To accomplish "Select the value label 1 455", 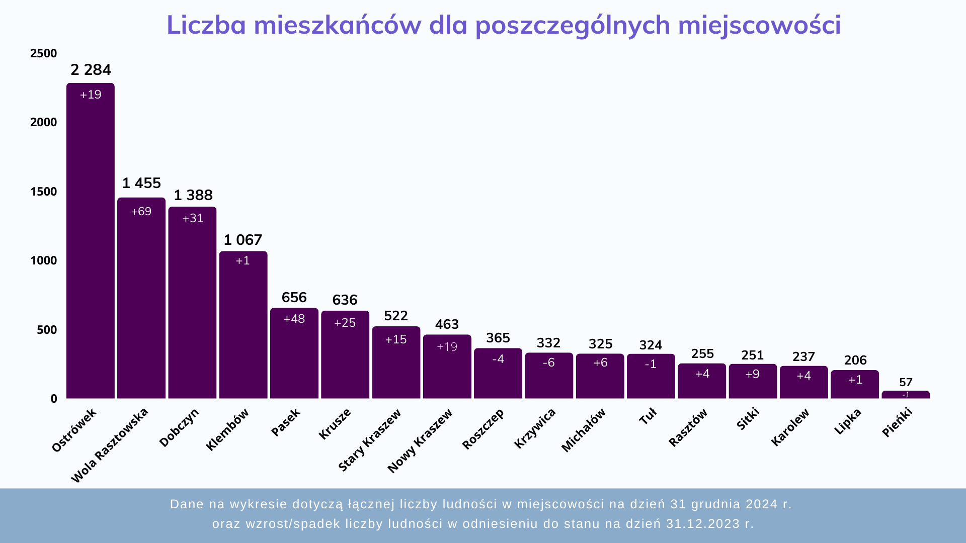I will coord(141,183).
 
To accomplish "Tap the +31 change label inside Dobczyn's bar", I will coord(193,218).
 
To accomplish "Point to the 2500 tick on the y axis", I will coord(44,53).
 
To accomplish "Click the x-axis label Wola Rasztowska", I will coord(110,445).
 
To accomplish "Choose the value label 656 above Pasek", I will coord(294,297).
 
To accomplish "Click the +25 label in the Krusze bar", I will coord(345,323).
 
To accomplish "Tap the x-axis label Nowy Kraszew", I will coord(420,441).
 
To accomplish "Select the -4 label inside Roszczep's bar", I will coord(498,359).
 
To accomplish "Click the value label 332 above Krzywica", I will coord(548,343).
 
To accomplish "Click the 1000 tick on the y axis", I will coord(44,260).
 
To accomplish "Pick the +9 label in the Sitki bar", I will coord(752,374).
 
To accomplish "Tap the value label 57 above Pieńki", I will coord(906,382).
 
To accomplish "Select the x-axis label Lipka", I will coord(848,421).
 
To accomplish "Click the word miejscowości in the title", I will coord(759,25).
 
